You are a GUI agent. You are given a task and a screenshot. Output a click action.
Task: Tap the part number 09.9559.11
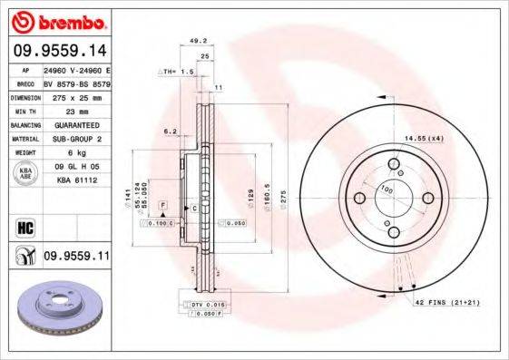pos(76,257)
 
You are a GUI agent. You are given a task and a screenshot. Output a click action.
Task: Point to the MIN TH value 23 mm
pos(64,109)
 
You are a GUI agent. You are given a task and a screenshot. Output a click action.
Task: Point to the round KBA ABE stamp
pos(24,172)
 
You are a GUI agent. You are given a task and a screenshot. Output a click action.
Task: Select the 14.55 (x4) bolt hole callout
pos(424,138)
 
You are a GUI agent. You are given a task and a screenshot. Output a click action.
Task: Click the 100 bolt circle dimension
pos(386,190)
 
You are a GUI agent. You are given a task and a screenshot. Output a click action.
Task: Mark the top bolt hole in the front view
pos(394,164)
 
